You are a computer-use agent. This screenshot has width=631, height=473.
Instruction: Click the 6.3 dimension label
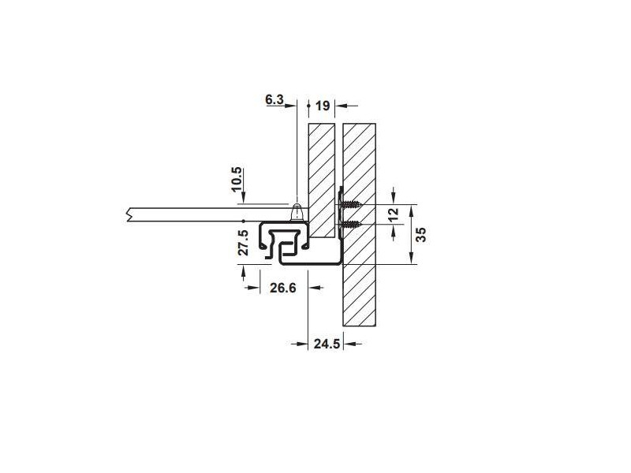(274, 99)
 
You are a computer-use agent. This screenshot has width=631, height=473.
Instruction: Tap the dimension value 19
(323, 106)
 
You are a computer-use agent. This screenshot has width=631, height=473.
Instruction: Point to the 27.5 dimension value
(244, 243)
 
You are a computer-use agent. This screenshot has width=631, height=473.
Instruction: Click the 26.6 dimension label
(283, 288)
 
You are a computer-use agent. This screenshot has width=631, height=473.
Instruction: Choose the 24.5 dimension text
(327, 344)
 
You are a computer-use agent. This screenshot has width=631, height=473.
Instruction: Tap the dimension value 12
(394, 213)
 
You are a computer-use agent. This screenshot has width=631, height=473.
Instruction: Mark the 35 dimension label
(420, 234)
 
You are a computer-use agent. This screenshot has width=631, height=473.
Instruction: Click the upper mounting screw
(350, 205)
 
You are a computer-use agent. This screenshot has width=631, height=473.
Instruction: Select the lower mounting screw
(350, 225)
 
